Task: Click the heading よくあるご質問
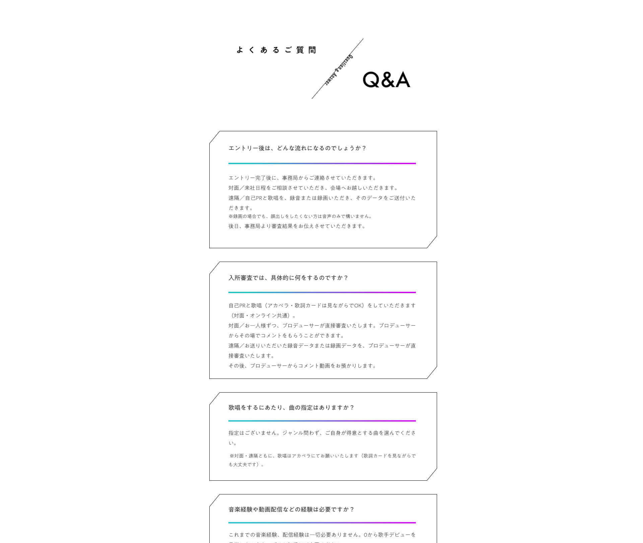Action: tap(276, 50)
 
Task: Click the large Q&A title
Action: tap(386, 80)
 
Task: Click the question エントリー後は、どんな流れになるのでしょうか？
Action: tap(297, 148)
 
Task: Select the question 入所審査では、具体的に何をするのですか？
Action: tap(288, 278)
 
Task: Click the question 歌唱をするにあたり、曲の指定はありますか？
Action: tap(291, 407)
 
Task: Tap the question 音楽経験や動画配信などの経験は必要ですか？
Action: tap(291, 509)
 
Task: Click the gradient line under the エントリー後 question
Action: tap(322, 163)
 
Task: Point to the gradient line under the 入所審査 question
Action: tap(322, 292)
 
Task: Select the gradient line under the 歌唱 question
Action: tap(322, 421)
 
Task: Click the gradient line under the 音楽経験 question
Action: tap(322, 523)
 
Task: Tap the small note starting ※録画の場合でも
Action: tap(300, 216)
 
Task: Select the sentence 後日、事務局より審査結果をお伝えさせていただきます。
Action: tap(297, 226)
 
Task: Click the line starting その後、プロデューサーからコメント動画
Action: tap(302, 366)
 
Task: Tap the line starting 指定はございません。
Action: tap(322, 433)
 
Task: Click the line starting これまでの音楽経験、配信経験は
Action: tap(322, 535)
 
